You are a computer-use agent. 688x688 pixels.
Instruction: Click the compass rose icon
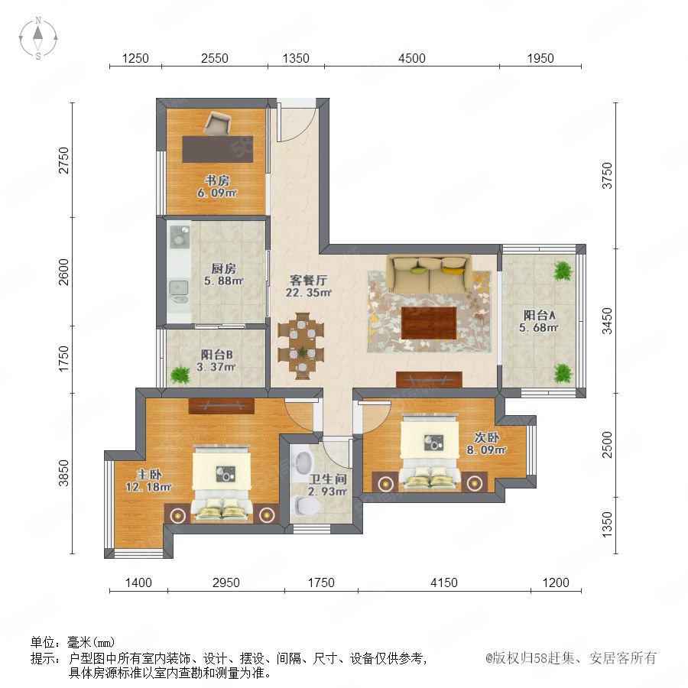[x=38, y=38]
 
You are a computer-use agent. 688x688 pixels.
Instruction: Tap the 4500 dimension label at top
[x=411, y=58]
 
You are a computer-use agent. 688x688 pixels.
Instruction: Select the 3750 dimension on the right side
[x=607, y=176]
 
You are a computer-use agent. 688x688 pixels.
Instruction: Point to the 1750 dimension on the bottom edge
[x=321, y=583]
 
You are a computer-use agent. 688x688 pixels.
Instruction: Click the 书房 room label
[x=217, y=180]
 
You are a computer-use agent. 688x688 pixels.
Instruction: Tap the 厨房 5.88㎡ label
[x=223, y=274]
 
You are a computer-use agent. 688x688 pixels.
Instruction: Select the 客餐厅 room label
[x=309, y=280]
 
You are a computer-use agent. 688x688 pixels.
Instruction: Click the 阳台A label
[x=539, y=315]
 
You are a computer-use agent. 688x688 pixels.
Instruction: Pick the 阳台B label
[x=217, y=355]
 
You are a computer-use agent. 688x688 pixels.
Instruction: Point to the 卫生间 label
[x=328, y=479]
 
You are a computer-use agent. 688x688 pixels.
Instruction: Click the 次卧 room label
[x=487, y=437]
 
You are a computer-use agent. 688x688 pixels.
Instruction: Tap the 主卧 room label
[x=149, y=474]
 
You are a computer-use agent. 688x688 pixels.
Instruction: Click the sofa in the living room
[x=429, y=274]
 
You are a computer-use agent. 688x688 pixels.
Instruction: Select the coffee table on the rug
[x=429, y=323]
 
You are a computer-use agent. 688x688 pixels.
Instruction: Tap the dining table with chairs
[x=301, y=346]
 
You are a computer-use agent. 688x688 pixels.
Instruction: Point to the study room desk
[x=218, y=149]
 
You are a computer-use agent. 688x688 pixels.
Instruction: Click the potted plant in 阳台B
[x=180, y=375]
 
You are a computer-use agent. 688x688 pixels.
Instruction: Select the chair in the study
[x=216, y=123]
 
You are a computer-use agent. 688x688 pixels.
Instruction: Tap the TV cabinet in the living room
[x=429, y=379]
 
